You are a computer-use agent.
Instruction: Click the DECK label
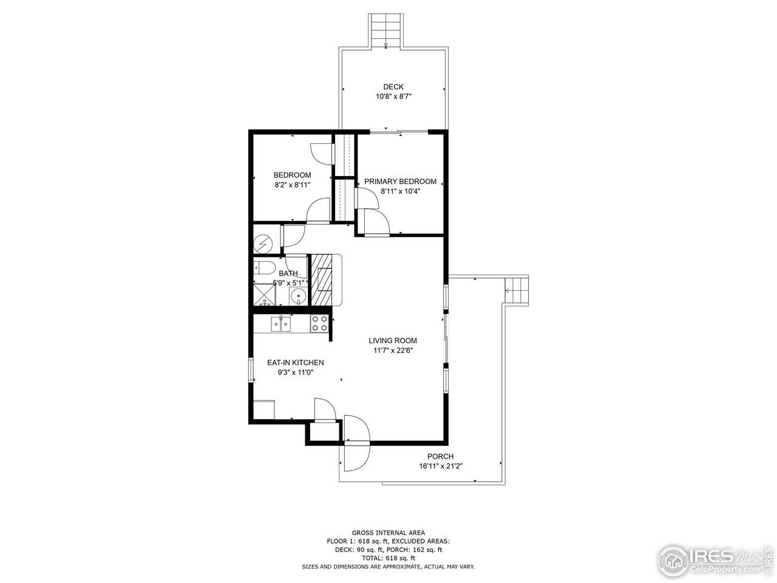[x=393, y=87]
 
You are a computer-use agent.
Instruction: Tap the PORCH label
[x=440, y=457]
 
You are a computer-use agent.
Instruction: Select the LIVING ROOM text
[x=393, y=341]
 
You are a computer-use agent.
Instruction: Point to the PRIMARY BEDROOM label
[x=400, y=182]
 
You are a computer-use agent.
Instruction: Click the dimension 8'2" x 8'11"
[x=292, y=185]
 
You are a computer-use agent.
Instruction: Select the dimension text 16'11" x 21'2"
[x=440, y=466]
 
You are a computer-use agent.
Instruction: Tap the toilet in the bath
[x=264, y=268]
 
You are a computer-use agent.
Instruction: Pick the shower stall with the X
[x=263, y=295]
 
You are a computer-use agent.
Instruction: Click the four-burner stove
[x=319, y=324]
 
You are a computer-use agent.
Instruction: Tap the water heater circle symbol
[x=263, y=244]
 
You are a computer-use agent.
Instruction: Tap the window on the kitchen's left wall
[x=250, y=370]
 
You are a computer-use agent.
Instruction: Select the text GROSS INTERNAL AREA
[x=388, y=532]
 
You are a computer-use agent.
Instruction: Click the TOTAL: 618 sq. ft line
[x=388, y=557]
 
